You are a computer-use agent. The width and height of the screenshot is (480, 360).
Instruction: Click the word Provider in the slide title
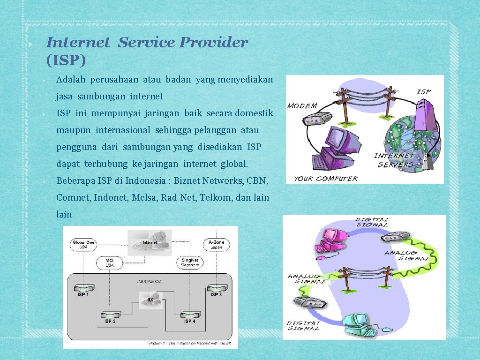click(214, 43)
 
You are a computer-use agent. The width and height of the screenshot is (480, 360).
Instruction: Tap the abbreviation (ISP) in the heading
click(66, 60)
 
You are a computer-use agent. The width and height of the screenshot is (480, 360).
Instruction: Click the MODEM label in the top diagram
click(302, 106)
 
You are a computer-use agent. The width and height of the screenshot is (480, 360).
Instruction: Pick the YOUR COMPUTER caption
click(326, 179)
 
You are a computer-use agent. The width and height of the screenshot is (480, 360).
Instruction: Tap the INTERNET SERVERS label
click(395, 160)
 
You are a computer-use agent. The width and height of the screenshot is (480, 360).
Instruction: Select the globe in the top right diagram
click(412, 136)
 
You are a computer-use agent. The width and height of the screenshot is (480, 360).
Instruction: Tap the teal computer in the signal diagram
click(359, 323)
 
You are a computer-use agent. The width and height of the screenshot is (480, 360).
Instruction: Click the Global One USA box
click(83, 244)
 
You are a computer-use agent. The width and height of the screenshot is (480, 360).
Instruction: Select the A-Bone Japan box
click(216, 244)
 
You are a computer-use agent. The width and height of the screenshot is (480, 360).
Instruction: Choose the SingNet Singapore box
click(190, 262)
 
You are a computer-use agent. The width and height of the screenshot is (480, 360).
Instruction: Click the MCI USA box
click(110, 262)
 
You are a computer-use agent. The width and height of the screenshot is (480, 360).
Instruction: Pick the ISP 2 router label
click(110, 321)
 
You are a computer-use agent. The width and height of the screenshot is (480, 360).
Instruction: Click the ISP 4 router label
click(190, 321)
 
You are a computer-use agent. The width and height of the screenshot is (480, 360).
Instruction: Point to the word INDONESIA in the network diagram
click(149, 281)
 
